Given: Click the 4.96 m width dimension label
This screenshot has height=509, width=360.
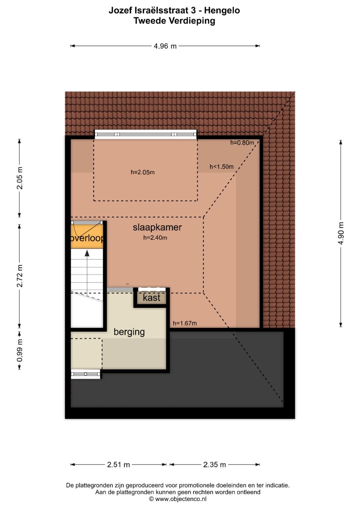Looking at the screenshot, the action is click(165, 46).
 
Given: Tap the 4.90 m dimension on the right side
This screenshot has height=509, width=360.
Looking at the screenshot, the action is click(341, 233).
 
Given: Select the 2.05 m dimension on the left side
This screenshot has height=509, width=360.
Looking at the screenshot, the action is click(20, 178).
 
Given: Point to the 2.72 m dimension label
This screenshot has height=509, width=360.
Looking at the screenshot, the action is click(20, 276).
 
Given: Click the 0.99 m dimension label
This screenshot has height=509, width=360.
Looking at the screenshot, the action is click(20, 351).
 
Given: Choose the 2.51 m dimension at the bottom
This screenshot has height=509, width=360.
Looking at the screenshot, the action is click(118, 465).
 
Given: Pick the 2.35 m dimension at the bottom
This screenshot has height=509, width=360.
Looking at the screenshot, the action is click(215, 465).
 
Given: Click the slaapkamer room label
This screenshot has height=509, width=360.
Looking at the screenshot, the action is click(157, 227).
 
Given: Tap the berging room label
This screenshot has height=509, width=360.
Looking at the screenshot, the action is click(129, 332).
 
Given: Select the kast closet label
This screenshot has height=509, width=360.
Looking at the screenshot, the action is click(152, 298).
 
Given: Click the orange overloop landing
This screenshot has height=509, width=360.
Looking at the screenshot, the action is click(87, 237).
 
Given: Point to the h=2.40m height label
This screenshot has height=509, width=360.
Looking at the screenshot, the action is click(155, 238).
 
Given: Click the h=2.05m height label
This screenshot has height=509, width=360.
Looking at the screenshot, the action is click(143, 172).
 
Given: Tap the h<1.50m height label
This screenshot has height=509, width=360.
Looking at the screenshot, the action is click(222, 167).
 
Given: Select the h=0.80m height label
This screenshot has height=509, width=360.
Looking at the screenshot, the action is click(242, 143).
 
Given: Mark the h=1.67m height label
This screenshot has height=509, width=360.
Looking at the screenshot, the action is click(185, 323).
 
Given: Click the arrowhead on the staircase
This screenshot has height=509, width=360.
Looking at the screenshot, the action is click(87, 253).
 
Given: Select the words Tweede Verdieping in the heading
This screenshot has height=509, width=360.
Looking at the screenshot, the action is click(174, 21).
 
